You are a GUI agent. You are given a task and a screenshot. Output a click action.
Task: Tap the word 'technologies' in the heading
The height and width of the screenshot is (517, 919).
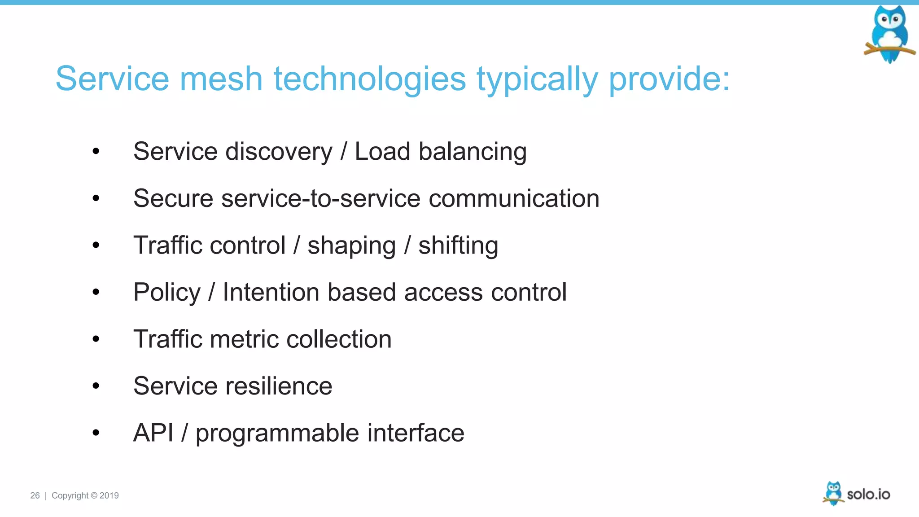click(370, 79)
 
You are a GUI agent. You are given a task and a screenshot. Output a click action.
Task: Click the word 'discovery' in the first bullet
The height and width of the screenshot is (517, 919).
click(279, 152)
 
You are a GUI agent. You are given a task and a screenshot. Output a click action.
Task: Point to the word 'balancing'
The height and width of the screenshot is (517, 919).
click(473, 152)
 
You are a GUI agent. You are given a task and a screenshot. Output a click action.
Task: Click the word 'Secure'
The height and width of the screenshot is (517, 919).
click(173, 198)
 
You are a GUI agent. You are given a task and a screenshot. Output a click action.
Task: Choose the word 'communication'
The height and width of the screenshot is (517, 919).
click(514, 198)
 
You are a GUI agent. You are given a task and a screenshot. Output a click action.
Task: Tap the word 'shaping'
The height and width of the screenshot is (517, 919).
click(351, 246)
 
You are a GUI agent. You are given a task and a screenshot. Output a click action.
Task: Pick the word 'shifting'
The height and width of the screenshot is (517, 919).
click(458, 246)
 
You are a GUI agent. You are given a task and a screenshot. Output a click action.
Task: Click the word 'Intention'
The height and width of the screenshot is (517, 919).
click(271, 292)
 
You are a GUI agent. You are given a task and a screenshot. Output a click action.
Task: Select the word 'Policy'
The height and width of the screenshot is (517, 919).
click(167, 293)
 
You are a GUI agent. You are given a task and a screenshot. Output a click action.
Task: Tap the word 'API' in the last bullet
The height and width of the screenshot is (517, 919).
click(153, 433)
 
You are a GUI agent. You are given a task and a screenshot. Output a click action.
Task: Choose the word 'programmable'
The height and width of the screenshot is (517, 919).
click(277, 434)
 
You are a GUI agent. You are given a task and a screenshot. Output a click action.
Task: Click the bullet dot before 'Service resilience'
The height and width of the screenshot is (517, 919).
click(96, 386)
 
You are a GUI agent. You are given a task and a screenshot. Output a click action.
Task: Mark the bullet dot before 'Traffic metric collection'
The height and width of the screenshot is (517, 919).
click(96, 339)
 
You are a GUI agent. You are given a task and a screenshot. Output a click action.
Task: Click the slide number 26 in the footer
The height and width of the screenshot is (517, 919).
click(35, 495)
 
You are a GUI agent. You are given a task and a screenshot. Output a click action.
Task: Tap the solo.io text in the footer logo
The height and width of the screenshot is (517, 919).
click(868, 494)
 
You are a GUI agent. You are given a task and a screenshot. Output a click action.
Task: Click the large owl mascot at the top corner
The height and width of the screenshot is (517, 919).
click(889, 34)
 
